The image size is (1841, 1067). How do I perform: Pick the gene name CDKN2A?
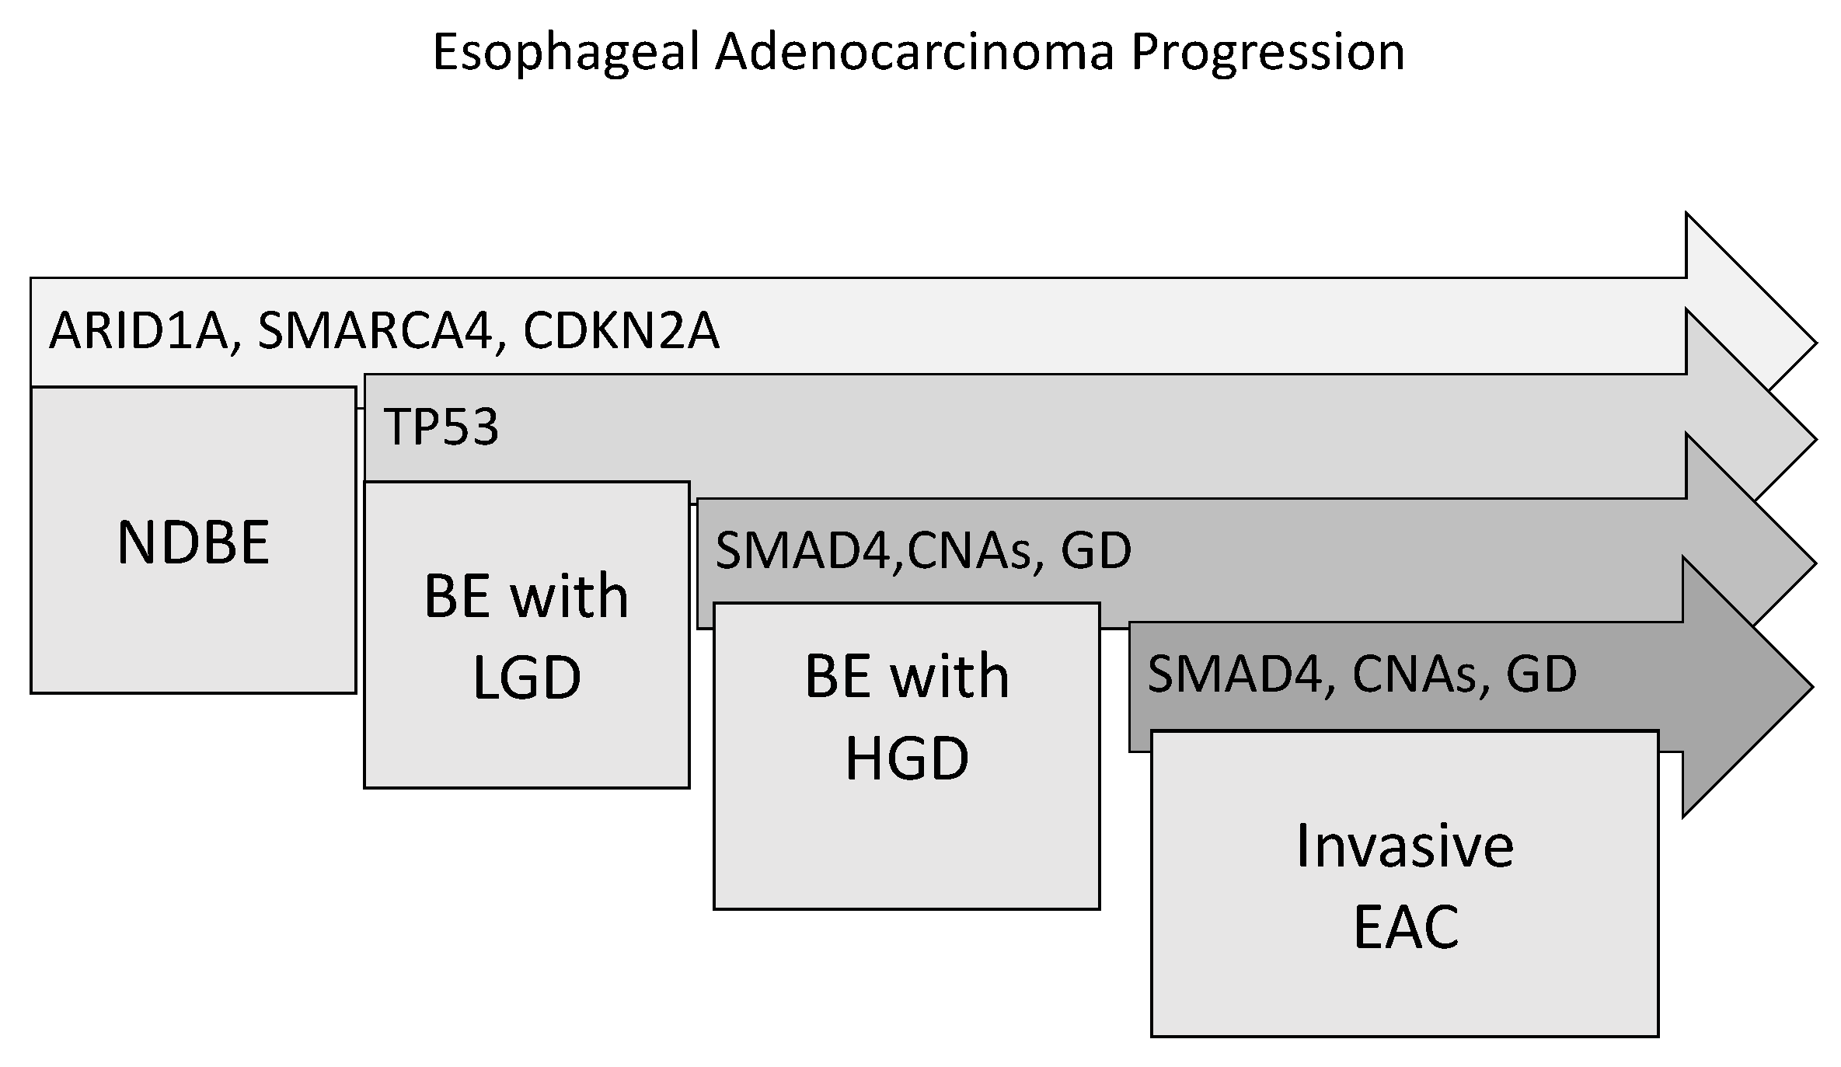point(621,330)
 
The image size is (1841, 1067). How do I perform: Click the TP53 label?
point(441,427)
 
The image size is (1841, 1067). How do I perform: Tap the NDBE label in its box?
point(194,542)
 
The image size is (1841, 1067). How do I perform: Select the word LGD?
point(527,677)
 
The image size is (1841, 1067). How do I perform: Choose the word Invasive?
point(1405,846)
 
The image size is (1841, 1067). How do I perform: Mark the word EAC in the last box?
point(1406,926)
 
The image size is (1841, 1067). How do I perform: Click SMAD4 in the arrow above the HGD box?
point(807,551)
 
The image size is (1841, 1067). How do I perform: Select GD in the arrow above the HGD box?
point(1096,550)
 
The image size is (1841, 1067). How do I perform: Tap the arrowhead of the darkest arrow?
point(1748,687)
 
